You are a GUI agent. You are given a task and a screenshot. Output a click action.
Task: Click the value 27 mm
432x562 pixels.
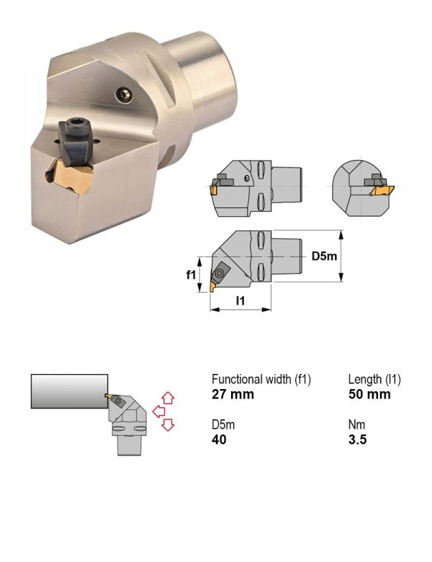pyautogui.click(x=233, y=394)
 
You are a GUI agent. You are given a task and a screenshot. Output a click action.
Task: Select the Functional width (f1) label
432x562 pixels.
pyautogui.click(x=261, y=379)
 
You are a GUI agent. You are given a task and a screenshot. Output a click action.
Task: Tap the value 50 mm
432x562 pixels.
pyautogui.click(x=369, y=394)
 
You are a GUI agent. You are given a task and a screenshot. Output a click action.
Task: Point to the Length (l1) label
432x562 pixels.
pyautogui.click(x=374, y=379)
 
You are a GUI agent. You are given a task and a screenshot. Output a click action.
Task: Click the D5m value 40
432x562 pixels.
pyautogui.click(x=219, y=439)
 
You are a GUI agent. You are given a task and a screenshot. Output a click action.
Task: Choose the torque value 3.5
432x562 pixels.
pyautogui.click(x=358, y=439)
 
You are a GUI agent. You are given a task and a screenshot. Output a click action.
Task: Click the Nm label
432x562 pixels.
pyautogui.click(x=357, y=424)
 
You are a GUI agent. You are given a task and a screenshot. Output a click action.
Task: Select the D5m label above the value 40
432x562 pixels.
pyautogui.click(x=223, y=424)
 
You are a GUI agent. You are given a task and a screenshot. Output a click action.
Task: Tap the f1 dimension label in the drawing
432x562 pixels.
pyautogui.click(x=191, y=275)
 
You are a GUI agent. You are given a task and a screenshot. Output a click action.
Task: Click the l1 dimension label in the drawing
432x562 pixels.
pyautogui.click(x=240, y=300)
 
